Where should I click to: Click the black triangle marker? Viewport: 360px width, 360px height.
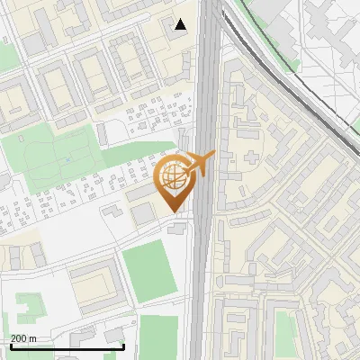pos(181,24)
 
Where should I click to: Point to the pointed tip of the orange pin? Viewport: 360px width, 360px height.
pos(175,212)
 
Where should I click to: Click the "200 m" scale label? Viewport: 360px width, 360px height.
pos(24,338)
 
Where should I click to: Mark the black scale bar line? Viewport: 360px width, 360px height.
pos(67,346)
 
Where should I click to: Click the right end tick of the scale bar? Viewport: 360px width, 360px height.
pos(123,345)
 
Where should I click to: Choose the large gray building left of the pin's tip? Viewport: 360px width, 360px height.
pos(143,214)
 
